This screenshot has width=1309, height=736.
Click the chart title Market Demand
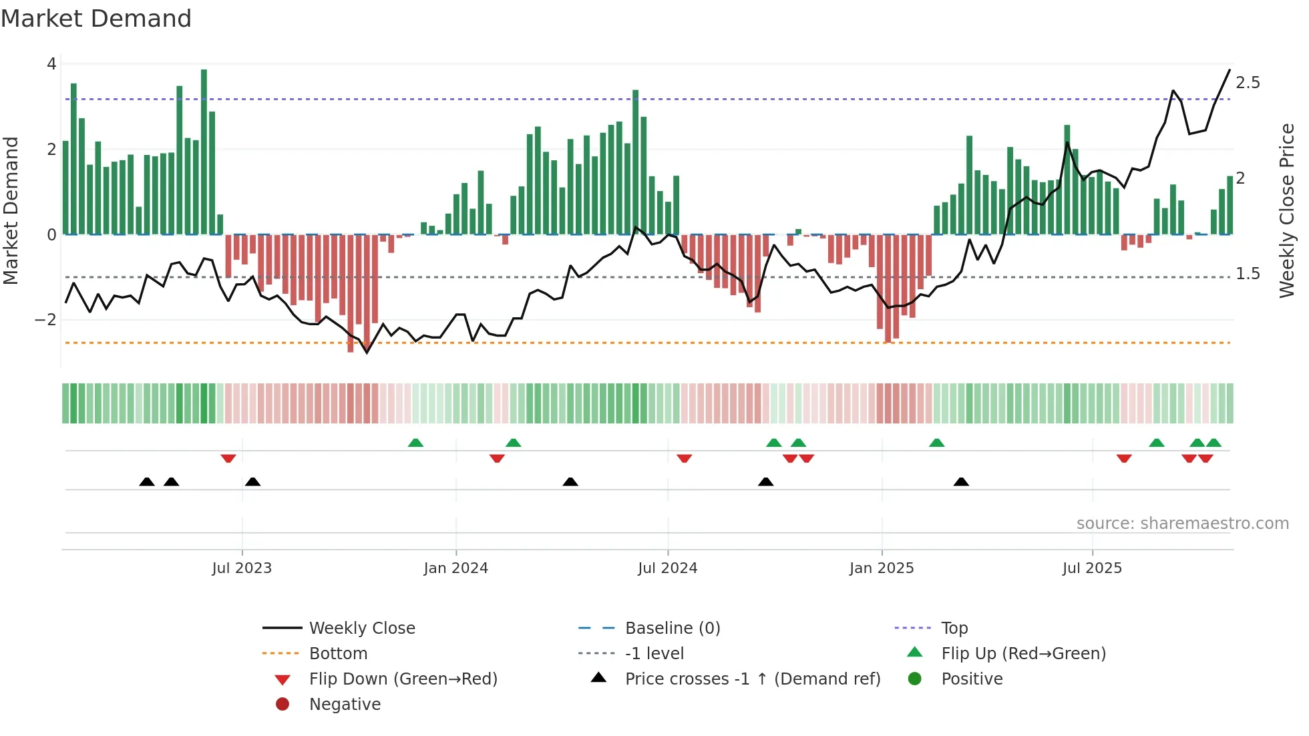click(96, 19)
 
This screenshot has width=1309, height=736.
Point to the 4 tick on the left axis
click(51, 64)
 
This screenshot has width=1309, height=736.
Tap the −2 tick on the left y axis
click(46, 320)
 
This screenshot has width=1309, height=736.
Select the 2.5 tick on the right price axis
click(1248, 83)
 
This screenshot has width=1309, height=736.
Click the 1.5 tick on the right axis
click(1248, 274)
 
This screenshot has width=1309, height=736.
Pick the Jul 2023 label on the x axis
click(242, 568)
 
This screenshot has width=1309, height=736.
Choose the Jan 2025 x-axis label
click(882, 568)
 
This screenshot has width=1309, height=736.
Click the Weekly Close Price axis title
click(1287, 210)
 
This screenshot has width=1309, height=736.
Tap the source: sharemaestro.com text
click(1182, 524)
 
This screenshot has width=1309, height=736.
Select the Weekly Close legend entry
click(361, 628)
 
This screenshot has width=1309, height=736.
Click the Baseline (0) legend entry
click(672, 628)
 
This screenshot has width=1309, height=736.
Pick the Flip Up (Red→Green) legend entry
click(1023, 654)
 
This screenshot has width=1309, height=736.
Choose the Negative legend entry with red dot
click(345, 705)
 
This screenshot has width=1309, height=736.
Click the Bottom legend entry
click(338, 654)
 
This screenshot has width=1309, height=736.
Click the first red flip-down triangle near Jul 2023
click(228, 458)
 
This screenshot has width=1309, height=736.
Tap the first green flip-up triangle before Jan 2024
click(415, 443)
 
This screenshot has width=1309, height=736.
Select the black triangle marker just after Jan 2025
click(961, 482)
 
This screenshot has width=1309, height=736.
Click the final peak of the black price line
click(1230, 69)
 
